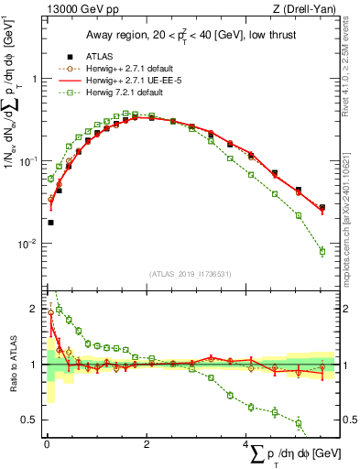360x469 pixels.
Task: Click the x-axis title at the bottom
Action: click(297, 453)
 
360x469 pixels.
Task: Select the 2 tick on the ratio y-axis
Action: click(34, 308)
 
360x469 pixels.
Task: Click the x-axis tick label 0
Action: click(46, 443)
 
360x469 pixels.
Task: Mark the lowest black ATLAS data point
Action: click(50, 222)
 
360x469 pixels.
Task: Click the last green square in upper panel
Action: click(322, 251)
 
